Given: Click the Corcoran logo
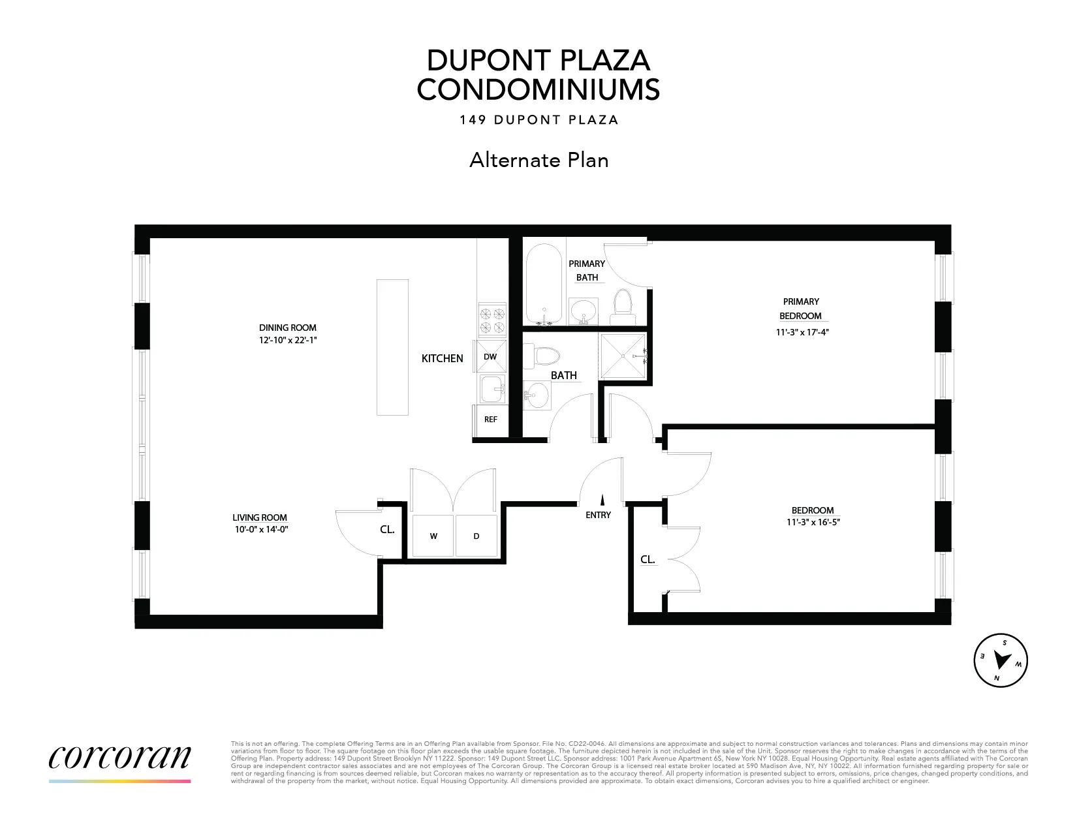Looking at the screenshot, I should (119, 758).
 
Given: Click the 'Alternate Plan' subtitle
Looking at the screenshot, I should (538, 160).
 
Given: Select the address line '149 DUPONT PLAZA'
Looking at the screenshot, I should (538, 120).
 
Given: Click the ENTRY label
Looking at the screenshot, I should (598, 515).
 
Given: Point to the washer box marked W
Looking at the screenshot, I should (433, 536).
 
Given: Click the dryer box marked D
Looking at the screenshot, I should (476, 536).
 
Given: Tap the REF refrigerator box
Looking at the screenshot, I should (491, 420).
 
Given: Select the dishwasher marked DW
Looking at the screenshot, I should (491, 356).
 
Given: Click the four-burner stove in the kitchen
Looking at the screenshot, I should (493, 319).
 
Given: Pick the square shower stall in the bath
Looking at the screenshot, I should (623, 356).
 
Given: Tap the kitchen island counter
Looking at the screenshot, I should (392, 347).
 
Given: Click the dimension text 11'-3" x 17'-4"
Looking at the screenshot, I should (801, 331).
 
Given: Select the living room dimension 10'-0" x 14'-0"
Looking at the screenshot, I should (261, 530).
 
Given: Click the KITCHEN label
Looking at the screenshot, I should (442, 358).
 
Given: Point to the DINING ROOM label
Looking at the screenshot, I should (287, 328).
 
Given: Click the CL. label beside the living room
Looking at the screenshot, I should (387, 530).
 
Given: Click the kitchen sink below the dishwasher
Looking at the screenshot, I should (491, 390).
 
